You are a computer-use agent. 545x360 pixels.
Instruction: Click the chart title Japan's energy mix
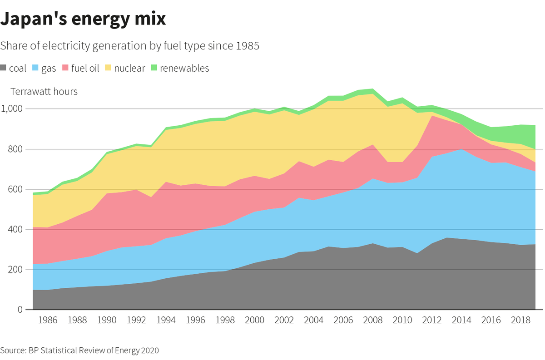[83, 20]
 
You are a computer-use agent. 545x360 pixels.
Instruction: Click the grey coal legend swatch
[4, 69]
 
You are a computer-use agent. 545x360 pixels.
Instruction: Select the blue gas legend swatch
[36, 69]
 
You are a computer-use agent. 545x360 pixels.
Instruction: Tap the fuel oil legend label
[85, 69]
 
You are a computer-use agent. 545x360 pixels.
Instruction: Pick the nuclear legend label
[129, 69]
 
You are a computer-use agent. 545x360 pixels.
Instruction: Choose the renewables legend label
[184, 69]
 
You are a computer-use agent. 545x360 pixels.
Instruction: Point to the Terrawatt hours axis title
[44, 92]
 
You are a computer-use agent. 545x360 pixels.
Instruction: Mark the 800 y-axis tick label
[15, 149]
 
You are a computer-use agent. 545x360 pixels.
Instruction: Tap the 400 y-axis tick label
[15, 230]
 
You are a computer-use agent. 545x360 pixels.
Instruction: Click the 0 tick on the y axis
[20, 310]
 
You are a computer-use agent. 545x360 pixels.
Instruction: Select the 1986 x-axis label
[48, 321]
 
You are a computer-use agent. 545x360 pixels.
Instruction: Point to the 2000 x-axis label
[254, 321]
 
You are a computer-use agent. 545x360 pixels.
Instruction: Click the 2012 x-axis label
[432, 321]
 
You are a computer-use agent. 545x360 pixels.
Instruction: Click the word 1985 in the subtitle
[248, 46]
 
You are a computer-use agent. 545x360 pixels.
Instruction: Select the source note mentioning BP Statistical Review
[79, 350]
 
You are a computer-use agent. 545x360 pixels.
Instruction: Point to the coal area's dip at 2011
[417, 253]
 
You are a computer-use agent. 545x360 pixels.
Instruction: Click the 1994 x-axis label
[166, 321]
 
